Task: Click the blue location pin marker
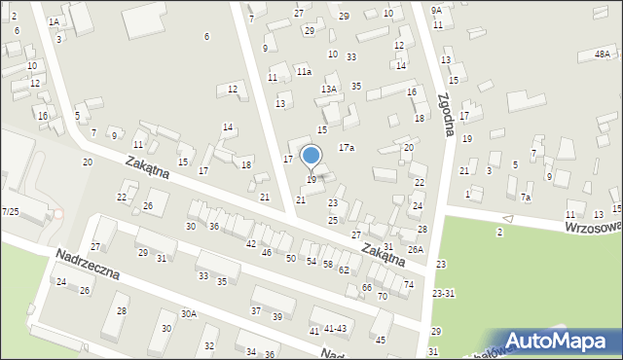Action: pyautogui.click(x=311, y=157)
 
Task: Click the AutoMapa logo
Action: pyautogui.click(x=559, y=341)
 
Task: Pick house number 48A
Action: pyautogui.click(x=603, y=55)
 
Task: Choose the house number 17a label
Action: pyautogui.click(x=346, y=147)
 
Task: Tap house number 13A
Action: pyautogui.click(x=329, y=89)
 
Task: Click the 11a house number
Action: pyautogui.click(x=304, y=71)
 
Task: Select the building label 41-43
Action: pyautogui.click(x=335, y=329)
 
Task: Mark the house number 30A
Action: pyautogui.click(x=188, y=313)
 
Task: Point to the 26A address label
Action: pyautogui.click(x=416, y=249)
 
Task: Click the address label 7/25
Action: pyautogui.click(x=10, y=211)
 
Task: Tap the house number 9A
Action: pyautogui.click(x=437, y=10)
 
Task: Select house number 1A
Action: pyautogui.click(x=54, y=21)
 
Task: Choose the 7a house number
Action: pyautogui.click(x=526, y=197)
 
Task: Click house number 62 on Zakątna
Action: pyautogui.click(x=344, y=270)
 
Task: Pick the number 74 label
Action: pyautogui.click(x=409, y=284)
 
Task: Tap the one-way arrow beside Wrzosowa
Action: pyautogui.click(x=506, y=218)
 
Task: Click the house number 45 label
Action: pyautogui.click(x=381, y=340)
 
